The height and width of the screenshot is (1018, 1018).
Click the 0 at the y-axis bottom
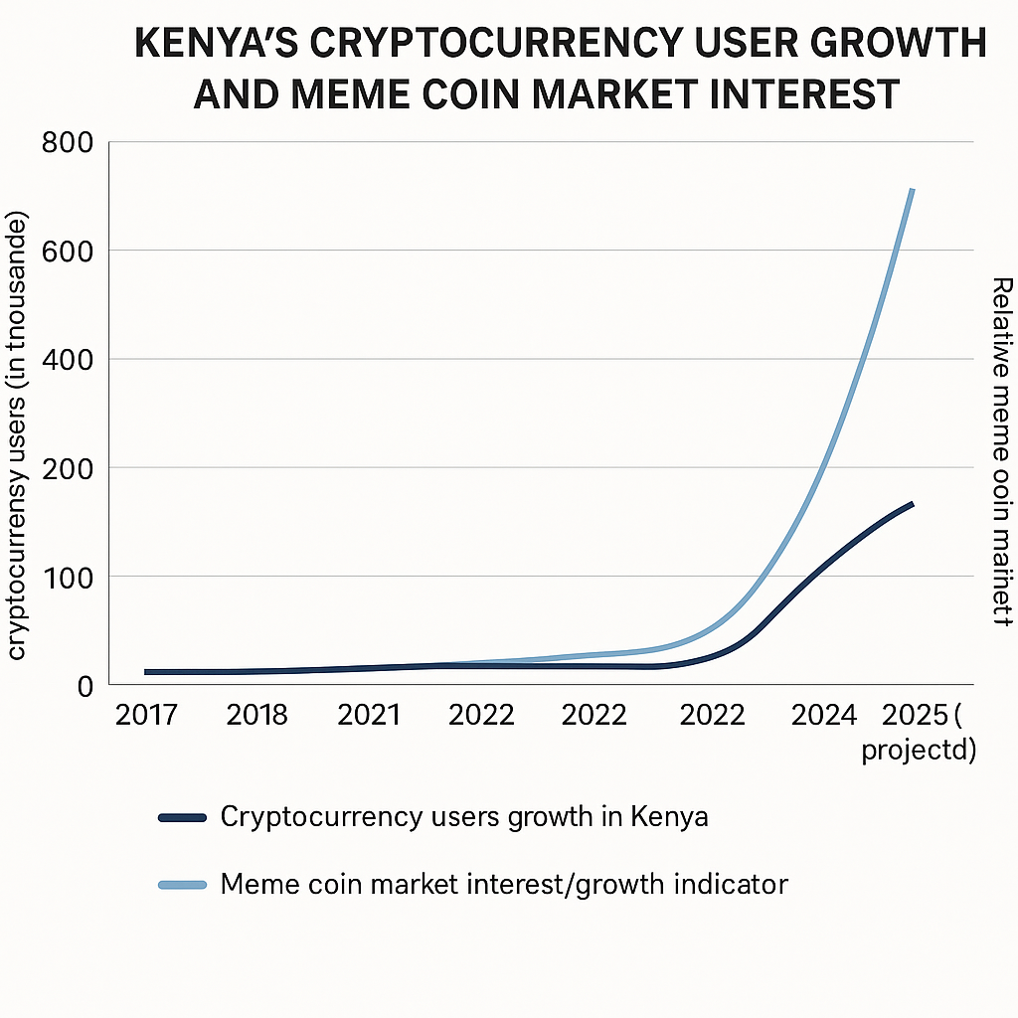[84, 685]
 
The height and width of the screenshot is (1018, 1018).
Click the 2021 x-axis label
[369, 716]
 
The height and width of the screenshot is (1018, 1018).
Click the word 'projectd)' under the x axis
[919, 750]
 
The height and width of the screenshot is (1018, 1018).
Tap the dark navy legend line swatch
[182, 818]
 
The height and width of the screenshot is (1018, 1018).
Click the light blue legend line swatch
[182, 884]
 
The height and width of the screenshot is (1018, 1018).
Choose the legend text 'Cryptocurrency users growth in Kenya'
[464, 818]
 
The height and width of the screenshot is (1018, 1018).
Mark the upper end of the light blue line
[912, 190]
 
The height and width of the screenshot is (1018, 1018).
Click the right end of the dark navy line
[912, 504]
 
